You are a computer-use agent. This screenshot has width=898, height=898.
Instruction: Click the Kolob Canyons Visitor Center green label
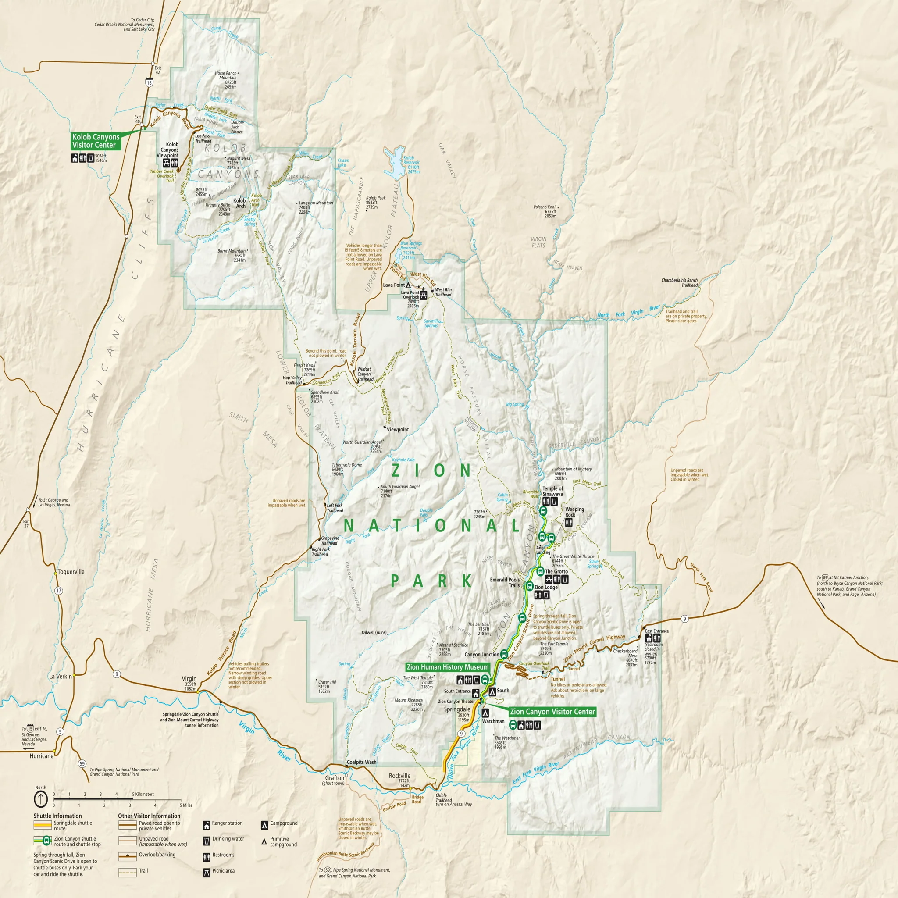coord(96,141)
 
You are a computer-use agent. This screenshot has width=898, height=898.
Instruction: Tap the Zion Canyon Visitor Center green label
coord(552,712)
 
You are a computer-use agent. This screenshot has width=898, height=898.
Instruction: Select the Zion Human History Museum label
coord(448,667)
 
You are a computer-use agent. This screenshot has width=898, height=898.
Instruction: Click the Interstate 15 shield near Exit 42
coord(149,82)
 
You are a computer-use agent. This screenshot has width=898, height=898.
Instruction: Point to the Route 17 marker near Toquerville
coord(59,591)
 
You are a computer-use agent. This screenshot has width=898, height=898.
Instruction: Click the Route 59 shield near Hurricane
coord(82,764)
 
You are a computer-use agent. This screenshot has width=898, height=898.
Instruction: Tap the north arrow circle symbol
coord(41,799)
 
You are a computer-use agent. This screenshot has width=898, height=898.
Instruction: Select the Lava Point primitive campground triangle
coord(408,285)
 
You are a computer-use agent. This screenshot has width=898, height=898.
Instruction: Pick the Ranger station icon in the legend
coord(207,826)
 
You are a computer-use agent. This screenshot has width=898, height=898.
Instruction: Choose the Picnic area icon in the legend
coord(207,873)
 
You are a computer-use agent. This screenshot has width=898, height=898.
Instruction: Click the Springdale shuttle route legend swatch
coord(42,825)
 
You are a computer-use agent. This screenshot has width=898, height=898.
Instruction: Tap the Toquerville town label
coord(71,572)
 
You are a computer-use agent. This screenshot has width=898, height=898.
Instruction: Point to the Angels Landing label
coord(543,550)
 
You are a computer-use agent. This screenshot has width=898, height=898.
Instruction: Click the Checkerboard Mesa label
coord(626,653)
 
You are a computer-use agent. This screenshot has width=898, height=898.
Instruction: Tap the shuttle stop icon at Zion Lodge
coord(529,586)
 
